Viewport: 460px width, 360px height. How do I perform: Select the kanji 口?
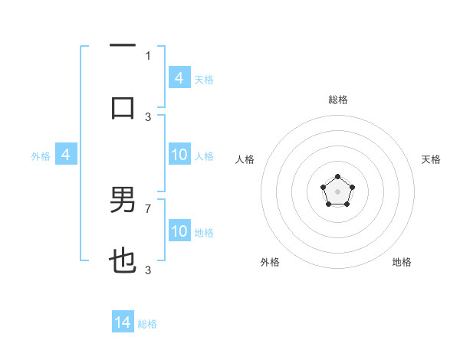123,107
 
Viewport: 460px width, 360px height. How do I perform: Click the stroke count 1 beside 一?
148,55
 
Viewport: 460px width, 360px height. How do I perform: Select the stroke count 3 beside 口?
148,116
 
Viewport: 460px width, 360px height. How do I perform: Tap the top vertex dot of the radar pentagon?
337,177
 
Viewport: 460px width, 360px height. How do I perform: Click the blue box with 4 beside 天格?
179,78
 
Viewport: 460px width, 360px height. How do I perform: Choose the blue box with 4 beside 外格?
66,155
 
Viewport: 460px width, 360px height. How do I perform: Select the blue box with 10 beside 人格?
179,155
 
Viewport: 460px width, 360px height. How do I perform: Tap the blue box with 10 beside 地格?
179,231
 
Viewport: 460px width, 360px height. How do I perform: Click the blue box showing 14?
123,322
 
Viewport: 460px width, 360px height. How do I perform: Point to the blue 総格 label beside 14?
147,324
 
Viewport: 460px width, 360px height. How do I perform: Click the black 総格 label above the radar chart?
337,100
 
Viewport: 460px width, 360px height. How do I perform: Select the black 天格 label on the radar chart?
432,159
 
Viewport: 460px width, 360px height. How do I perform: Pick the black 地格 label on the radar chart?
402,262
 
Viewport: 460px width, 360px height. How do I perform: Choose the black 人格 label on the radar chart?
245,159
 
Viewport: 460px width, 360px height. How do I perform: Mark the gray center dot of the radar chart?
337,191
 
